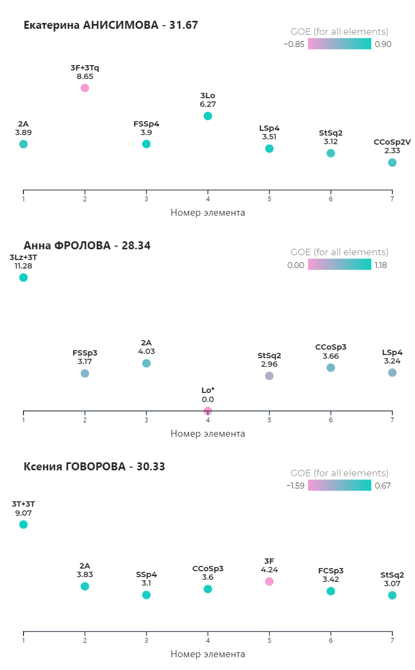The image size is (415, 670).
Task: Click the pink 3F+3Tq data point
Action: click(x=84, y=88)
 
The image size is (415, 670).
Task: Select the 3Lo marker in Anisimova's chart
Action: click(x=207, y=116)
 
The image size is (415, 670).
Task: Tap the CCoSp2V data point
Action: click(x=392, y=162)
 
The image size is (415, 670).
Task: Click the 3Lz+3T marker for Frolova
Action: click(x=23, y=277)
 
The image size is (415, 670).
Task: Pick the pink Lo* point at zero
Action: click(x=207, y=411)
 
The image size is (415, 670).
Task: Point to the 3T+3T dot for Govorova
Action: click(x=23, y=524)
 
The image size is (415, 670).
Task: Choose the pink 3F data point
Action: click(x=269, y=581)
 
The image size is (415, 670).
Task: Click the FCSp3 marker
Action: click(x=331, y=591)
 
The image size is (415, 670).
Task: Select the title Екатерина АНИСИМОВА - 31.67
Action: click(x=111, y=25)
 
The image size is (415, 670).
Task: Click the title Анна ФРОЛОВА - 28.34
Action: click(x=87, y=246)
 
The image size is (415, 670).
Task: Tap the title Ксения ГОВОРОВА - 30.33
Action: click(x=94, y=467)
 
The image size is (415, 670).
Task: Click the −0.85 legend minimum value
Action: click(x=294, y=44)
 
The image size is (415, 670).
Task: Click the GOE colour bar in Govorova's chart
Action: click(x=339, y=485)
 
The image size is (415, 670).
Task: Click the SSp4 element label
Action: click(x=146, y=574)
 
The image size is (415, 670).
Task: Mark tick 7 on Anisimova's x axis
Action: click(x=392, y=199)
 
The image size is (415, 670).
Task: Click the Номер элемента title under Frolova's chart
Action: click(x=207, y=433)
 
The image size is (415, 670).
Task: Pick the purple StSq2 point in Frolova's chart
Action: click(x=269, y=376)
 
